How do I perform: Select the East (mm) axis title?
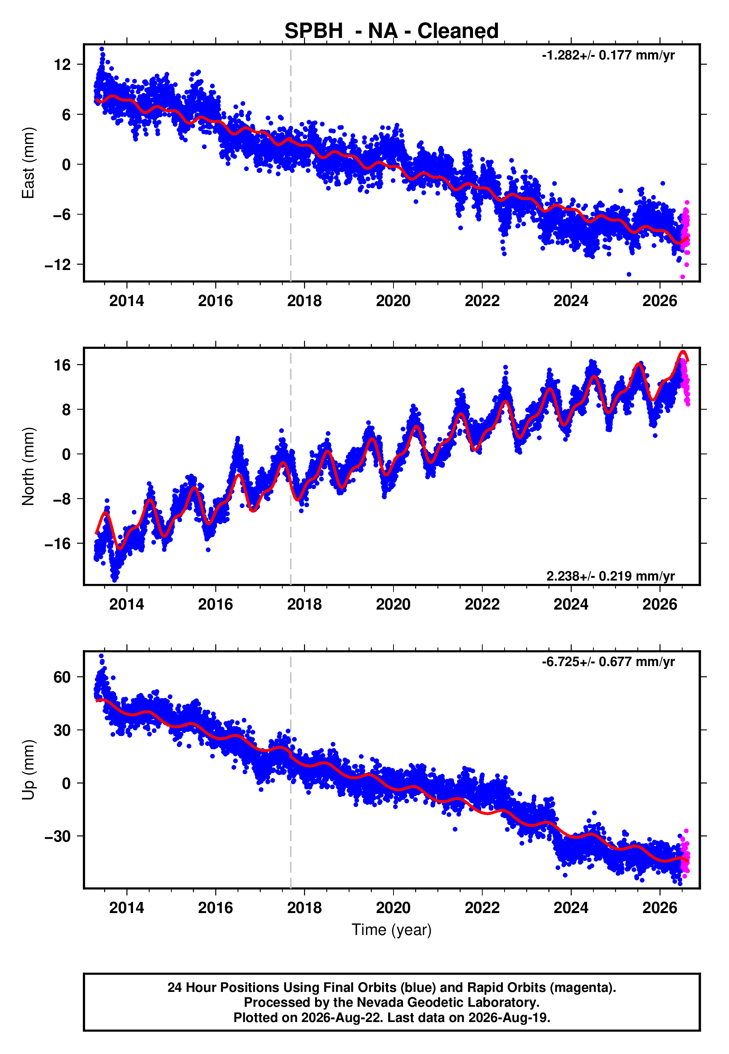(x=28, y=163)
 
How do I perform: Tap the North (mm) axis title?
(x=28, y=466)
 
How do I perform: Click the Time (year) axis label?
(x=392, y=930)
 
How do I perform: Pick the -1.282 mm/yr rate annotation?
(x=608, y=55)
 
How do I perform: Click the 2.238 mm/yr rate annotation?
(x=611, y=576)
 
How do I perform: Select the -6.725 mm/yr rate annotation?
(x=608, y=662)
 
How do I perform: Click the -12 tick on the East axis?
(x=58, y=265)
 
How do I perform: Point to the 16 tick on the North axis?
(x=62, y=365)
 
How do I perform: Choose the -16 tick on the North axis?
(x=58, y=544)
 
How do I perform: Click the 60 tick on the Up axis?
(x=62, y=677)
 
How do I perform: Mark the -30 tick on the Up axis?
(x=58, y=836)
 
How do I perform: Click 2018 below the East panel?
(x=304, y=301)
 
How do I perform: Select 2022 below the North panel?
(x=482, y=605)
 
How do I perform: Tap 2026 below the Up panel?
(x=660, y=908)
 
